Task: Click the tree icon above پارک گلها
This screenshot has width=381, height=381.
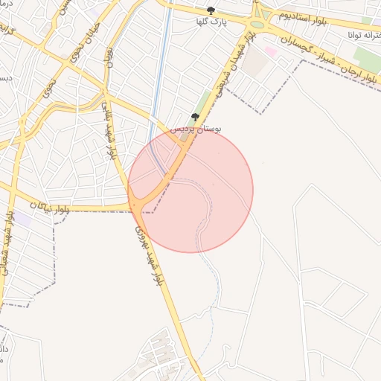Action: [x=211, y=10]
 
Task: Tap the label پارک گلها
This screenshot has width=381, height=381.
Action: [x=211, y=22]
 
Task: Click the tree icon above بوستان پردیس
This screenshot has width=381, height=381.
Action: [x=195, y=117]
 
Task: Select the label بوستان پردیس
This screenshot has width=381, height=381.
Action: [x=196, y=129]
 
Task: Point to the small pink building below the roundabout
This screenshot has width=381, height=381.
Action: [x=271, y=51]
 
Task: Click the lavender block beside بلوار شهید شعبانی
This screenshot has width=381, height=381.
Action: [x=24, y=220]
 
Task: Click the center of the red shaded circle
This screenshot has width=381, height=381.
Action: [x=190, y=190]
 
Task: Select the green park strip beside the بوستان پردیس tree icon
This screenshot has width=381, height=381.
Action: [x=204, y=103]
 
